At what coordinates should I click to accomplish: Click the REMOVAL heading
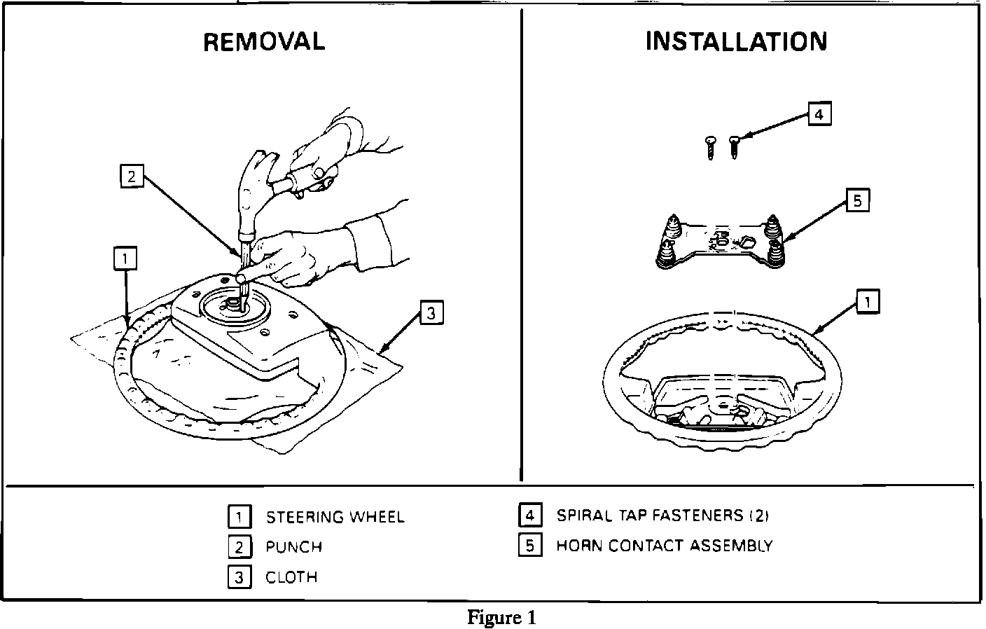coord(264,42)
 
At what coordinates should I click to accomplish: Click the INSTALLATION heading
coord(736,42)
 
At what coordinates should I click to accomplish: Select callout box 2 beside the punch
coord(131,177)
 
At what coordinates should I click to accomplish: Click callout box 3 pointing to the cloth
coord(431,313)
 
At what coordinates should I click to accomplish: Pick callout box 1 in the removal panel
coord(125,259)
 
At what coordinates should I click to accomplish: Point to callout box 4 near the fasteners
coord(819,114)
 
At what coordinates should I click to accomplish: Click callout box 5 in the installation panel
coord(857,202)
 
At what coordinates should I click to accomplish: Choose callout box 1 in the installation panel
coord(868,303)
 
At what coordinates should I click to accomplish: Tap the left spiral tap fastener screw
coord(709,148)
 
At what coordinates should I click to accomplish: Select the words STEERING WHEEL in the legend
coord(335,518)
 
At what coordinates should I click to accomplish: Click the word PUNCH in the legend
coord(293,547)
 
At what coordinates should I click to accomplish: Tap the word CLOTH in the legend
coord(291,578)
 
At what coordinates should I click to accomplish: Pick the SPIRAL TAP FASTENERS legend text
coord(662,516)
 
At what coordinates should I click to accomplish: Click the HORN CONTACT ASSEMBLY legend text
coord(664,546)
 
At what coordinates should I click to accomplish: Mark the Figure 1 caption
coord(501,618)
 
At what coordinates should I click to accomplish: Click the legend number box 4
coord(529,516)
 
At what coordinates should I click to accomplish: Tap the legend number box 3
coord(239,578)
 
